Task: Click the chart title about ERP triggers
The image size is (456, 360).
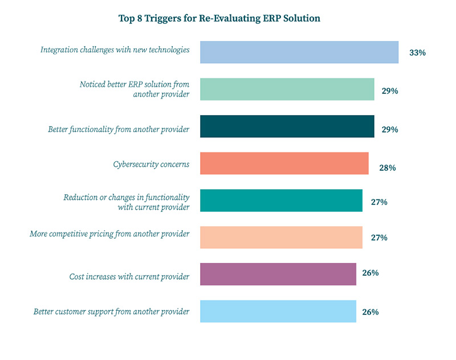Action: pyautogui.click(x=228, y=18)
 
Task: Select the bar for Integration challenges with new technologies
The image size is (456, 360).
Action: pyautogui.click(x=299, y=52)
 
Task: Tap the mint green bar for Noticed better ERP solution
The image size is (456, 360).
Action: pyautogui.click(x=287, y=89)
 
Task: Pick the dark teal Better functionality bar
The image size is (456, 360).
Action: pyautogui.click(x=287, y=126)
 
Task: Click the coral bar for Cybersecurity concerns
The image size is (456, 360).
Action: pyautogui.click(x=284, y=163)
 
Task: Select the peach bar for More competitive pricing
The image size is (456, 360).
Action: pyautogui.click(x=281, y=238)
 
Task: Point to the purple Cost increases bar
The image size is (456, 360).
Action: pyautogui.click(x=278, y=275)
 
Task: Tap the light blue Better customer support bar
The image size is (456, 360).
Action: pyautogui.click(x=278, y=312)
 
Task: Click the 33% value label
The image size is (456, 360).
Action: pyautogui.click(x=417, y=53)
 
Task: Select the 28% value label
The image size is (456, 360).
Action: pyautogui.click(x=387, y=168)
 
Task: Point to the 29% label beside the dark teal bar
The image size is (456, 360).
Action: pyautogui.click(x=390, y=129)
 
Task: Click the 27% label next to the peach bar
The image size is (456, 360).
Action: pyautogui.click(x=378, y=238)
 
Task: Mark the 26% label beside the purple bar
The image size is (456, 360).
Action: pyautogui.click(x=370, y=273)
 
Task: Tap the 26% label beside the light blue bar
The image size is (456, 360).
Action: pyautogui.click(x=370, y=312)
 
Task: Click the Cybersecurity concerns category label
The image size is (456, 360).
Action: pyautogui.click(x=151, y=165)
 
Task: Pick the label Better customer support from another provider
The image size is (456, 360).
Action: pyautogui.click(x=111, y=312)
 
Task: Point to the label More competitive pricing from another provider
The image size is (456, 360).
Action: pyautogui.click(x=109, y=234)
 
